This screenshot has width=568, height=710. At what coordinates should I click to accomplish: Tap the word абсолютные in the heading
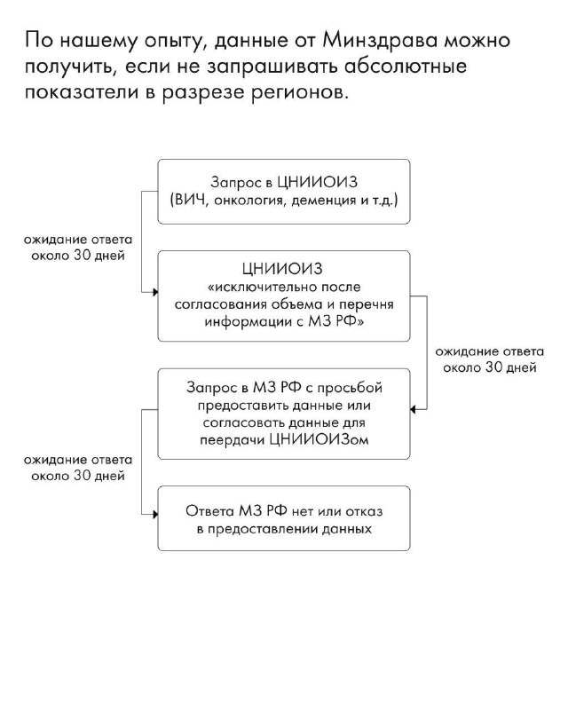[x=406, y=67]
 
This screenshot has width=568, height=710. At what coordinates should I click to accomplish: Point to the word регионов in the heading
[x=299, y=93]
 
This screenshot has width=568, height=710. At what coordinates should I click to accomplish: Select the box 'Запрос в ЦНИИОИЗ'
[x=284, y=192]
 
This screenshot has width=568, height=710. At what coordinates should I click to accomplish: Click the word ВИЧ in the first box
[x=188, y=200]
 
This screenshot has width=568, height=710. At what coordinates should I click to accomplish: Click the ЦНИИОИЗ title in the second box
[x=282, y=269]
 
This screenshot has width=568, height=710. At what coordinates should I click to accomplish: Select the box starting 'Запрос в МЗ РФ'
[x=284, y=414]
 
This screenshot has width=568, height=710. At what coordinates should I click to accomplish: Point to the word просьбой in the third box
[x=350, y=388]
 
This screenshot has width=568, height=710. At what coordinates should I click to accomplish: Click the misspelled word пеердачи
[x=232, y=440]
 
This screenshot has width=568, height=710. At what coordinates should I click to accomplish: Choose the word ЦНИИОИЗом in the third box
[x=319, y=439]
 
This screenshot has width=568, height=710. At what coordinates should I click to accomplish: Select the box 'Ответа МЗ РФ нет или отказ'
[x=284, y=518]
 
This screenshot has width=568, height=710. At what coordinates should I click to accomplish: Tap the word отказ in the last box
[x=364, y=512]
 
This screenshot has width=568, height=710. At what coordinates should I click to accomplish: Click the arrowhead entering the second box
[x=155, y=292]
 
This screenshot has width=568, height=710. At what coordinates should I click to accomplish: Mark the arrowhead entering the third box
[x=413, y=409]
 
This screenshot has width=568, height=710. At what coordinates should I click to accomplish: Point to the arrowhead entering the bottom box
[x=155, y=515]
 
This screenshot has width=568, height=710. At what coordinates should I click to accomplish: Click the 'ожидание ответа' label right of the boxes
[x=490, y=351]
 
